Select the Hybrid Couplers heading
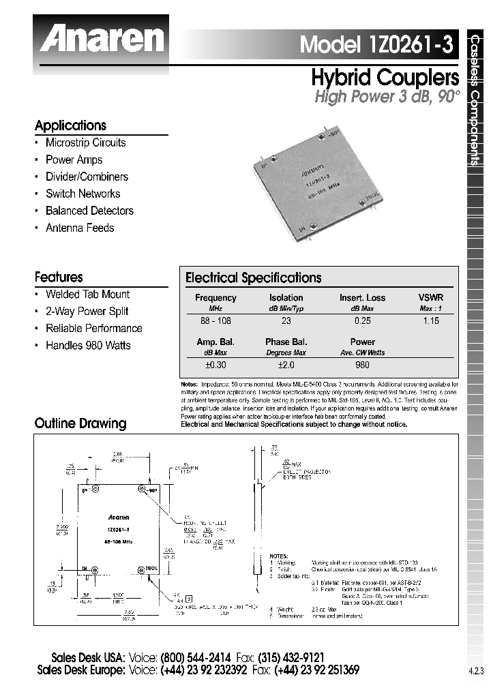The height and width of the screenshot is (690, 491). [385, 77]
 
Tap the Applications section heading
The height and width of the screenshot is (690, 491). [70, 125]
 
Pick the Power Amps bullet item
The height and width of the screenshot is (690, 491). [74, 160]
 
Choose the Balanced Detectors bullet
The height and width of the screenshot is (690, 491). [89, 211]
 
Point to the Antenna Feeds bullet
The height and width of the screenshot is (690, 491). [80, 228]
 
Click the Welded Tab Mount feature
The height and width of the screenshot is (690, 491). [87, 294]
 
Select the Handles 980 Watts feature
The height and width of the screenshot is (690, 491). [88, 345]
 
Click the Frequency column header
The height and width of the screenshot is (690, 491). [215, 297]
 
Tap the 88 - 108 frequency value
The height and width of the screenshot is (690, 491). [215, 320]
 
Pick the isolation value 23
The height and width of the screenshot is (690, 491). [286, 320]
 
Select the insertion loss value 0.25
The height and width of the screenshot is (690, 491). [362, 320]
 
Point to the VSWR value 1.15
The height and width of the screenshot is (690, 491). [430, 320]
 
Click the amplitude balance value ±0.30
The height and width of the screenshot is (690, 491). [215, 365]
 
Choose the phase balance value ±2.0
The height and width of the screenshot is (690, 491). [286, 365]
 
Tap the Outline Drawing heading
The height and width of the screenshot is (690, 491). [80, 423]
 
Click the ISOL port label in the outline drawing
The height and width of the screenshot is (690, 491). [151, 568]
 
